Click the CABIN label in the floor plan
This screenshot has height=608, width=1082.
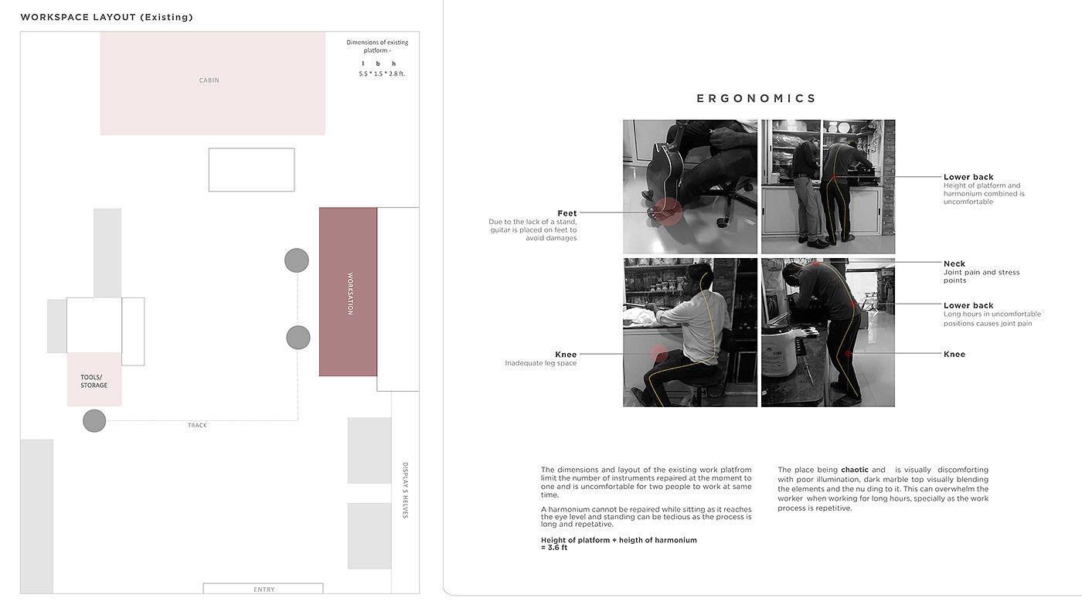[x=209, y=80]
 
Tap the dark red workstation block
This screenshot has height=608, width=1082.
[x=348, y=292]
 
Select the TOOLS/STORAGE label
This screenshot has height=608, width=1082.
[x=94, y=381]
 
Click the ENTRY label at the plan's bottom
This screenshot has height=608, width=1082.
[x=264, y=589]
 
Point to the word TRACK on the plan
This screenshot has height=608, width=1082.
[x=197, y=426]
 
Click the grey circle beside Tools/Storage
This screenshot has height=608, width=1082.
[x=94, y=420]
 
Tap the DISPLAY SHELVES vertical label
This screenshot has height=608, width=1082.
[x=405, y=490]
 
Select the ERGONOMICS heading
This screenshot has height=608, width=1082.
[x=756, y=99]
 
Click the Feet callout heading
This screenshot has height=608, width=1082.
[x=567, y=213]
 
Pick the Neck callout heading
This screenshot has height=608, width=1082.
[x=954, y=263]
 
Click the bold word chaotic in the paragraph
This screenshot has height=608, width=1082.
[x=855, y=470]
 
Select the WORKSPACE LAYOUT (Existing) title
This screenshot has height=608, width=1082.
[x=107, y=18]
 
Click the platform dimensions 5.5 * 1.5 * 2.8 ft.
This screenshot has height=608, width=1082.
[x=382, y=74]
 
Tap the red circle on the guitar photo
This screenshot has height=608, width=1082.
[x=668, y=212]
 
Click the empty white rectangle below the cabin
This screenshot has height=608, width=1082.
[x=251, y=169]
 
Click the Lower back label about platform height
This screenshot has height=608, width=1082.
[x=968, y=177]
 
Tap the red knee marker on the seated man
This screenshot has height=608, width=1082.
[x=658, y=354]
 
